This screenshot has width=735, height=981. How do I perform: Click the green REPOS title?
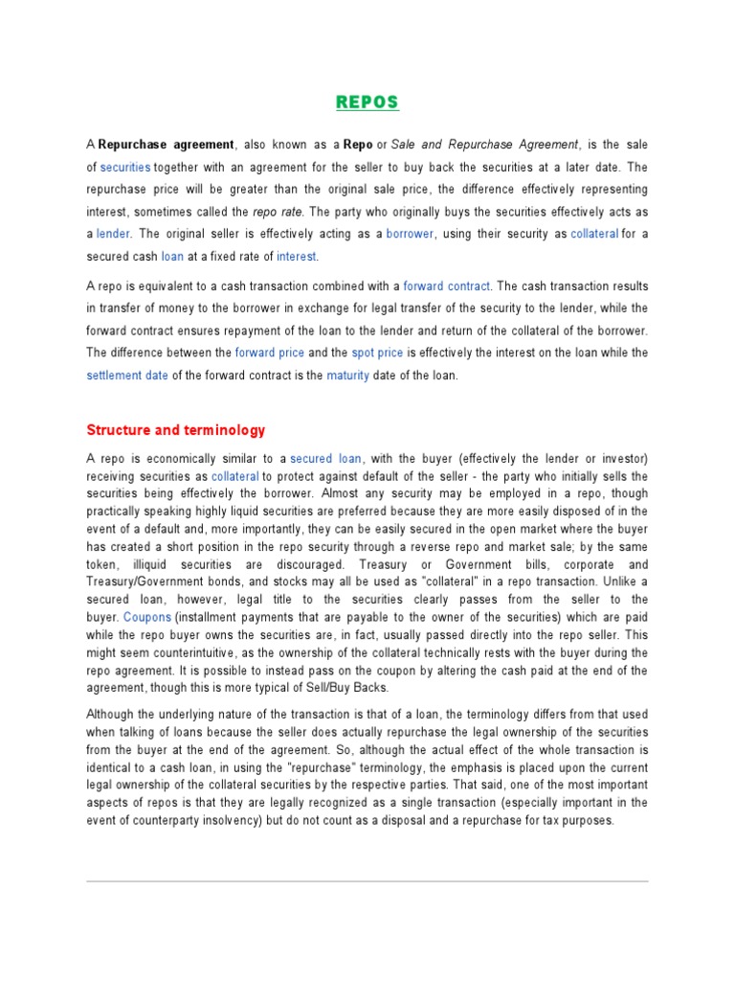coord(367,103)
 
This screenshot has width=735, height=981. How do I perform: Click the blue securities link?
coord(125,167)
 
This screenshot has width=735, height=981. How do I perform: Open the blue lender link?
coord(114,233)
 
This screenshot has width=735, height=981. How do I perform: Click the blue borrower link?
coord(411,233)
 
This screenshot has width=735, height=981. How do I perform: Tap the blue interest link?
coord(297,256)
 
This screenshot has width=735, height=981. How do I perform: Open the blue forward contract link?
coord(447,285)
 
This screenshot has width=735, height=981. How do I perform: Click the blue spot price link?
coord(377,353)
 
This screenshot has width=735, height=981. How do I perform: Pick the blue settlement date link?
coord(127,376)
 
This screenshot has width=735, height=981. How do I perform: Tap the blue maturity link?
coord(347,376)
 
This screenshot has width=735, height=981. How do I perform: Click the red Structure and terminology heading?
coord(176,430)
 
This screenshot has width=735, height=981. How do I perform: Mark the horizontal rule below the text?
coord(367,881)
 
